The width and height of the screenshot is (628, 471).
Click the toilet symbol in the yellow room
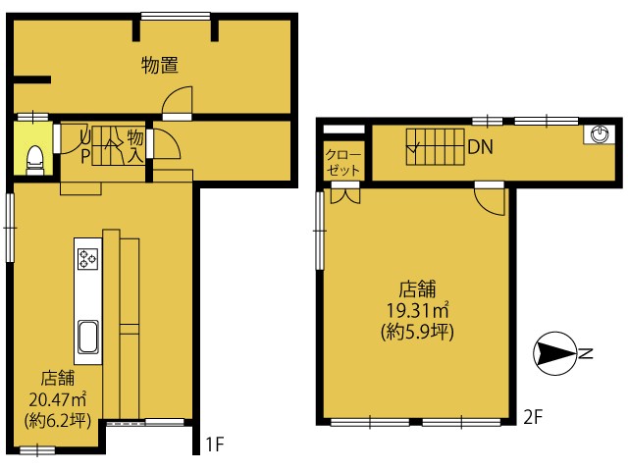(x=35, y=160)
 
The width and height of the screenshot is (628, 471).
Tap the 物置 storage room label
(x=160, y=65)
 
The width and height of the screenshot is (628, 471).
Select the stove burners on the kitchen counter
(x=88, y=259)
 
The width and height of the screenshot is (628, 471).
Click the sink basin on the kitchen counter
(x=88, y=337)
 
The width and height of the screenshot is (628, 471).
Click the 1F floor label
(x=214, y=444)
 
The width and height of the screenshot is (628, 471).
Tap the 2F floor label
(x=533, y=418)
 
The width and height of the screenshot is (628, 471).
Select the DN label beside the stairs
(x=480, y=147)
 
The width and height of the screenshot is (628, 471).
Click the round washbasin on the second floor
(x=600, y=133)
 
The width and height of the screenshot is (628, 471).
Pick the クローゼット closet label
(x=343, y=163)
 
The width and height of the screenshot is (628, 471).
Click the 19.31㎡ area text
(x=417, y=310)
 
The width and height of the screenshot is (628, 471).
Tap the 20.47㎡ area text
(x=58, y=399)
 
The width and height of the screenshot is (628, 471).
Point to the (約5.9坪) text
(x=417, y=332)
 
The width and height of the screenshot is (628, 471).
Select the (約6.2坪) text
(x=58, y=421)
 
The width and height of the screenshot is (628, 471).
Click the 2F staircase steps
(x=436, y=147)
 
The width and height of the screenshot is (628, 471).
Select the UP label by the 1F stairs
(x=85, y=147)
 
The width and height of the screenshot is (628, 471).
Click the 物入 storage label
(x=135, y=146)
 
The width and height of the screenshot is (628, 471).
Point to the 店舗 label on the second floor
(x=417, y=288)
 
